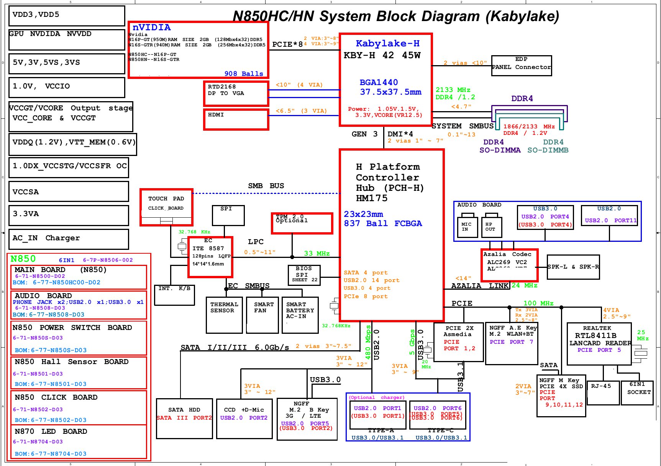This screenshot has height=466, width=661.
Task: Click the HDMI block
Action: pyautogui.click(x=236, y=119)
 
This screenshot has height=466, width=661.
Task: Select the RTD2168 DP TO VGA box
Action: pyautogui.click(x=236, y=93)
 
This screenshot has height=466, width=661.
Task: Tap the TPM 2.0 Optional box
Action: pyautogui.click(x=302, y=223)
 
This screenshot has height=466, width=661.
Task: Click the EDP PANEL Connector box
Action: pyautogui.click(x=521, y=66)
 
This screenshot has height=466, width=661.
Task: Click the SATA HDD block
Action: pyautogui.click(x=184, y=418)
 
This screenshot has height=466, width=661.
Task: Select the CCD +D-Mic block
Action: pyautogui.click(x=244, y=418)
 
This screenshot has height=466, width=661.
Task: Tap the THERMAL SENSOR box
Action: pyautogui.click(x=224, y=315)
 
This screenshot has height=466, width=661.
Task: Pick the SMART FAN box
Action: pyautogui.click(x=262, y=315)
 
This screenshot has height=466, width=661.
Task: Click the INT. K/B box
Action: pyautogui.click(x=174, y=295)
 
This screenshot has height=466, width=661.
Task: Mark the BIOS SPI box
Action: pyautogui.click(x=303, y=275)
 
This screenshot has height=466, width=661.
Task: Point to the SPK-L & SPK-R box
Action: pyautogui.click(x=573, y=267)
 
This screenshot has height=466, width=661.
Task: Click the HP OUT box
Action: pyautogui.click(x=491, y=227)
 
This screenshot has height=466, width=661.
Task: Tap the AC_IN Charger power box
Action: pyautogui.click(x=69, y=239)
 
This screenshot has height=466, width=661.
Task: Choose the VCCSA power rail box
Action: pyautogui.click(x=69, y=192)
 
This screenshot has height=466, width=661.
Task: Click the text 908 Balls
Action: pyautogui.click(x=244, y=74)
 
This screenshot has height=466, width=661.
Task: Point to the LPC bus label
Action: pyautogui.click(x=256, y=242)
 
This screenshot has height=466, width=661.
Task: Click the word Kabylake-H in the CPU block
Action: pyautogui.click(x=387, y=44)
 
